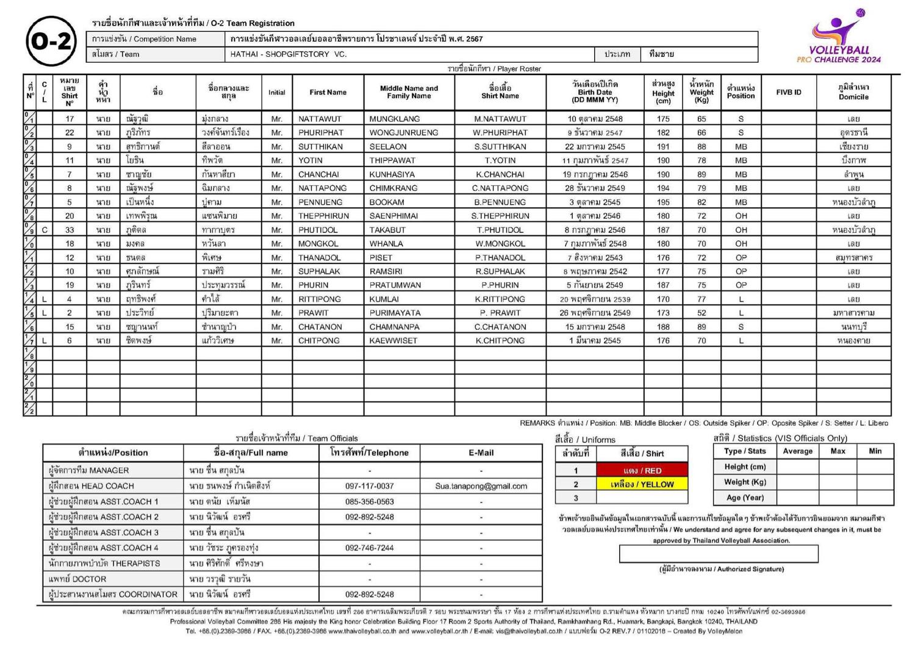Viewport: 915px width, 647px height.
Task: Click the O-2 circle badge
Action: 51,41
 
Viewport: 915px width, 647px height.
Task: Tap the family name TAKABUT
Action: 387,230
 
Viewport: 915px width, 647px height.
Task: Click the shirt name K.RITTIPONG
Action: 500,299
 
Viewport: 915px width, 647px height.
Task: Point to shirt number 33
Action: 70,230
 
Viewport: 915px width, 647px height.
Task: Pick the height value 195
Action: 663,202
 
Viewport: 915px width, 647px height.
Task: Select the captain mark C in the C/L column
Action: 45,230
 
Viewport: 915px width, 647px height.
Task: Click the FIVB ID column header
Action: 789,92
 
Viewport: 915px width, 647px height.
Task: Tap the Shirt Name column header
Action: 500,91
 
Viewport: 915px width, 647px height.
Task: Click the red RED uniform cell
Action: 642,471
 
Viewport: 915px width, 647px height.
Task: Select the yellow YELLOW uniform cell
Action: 642,485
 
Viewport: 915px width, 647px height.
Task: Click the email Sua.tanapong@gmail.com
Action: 481,486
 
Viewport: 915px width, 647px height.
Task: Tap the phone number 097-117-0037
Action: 370,486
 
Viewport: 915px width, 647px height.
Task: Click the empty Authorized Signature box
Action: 719,553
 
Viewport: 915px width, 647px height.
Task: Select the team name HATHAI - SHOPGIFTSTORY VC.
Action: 289,54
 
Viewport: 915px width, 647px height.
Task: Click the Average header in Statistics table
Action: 797,451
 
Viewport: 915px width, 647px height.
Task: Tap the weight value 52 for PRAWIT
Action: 701,313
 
